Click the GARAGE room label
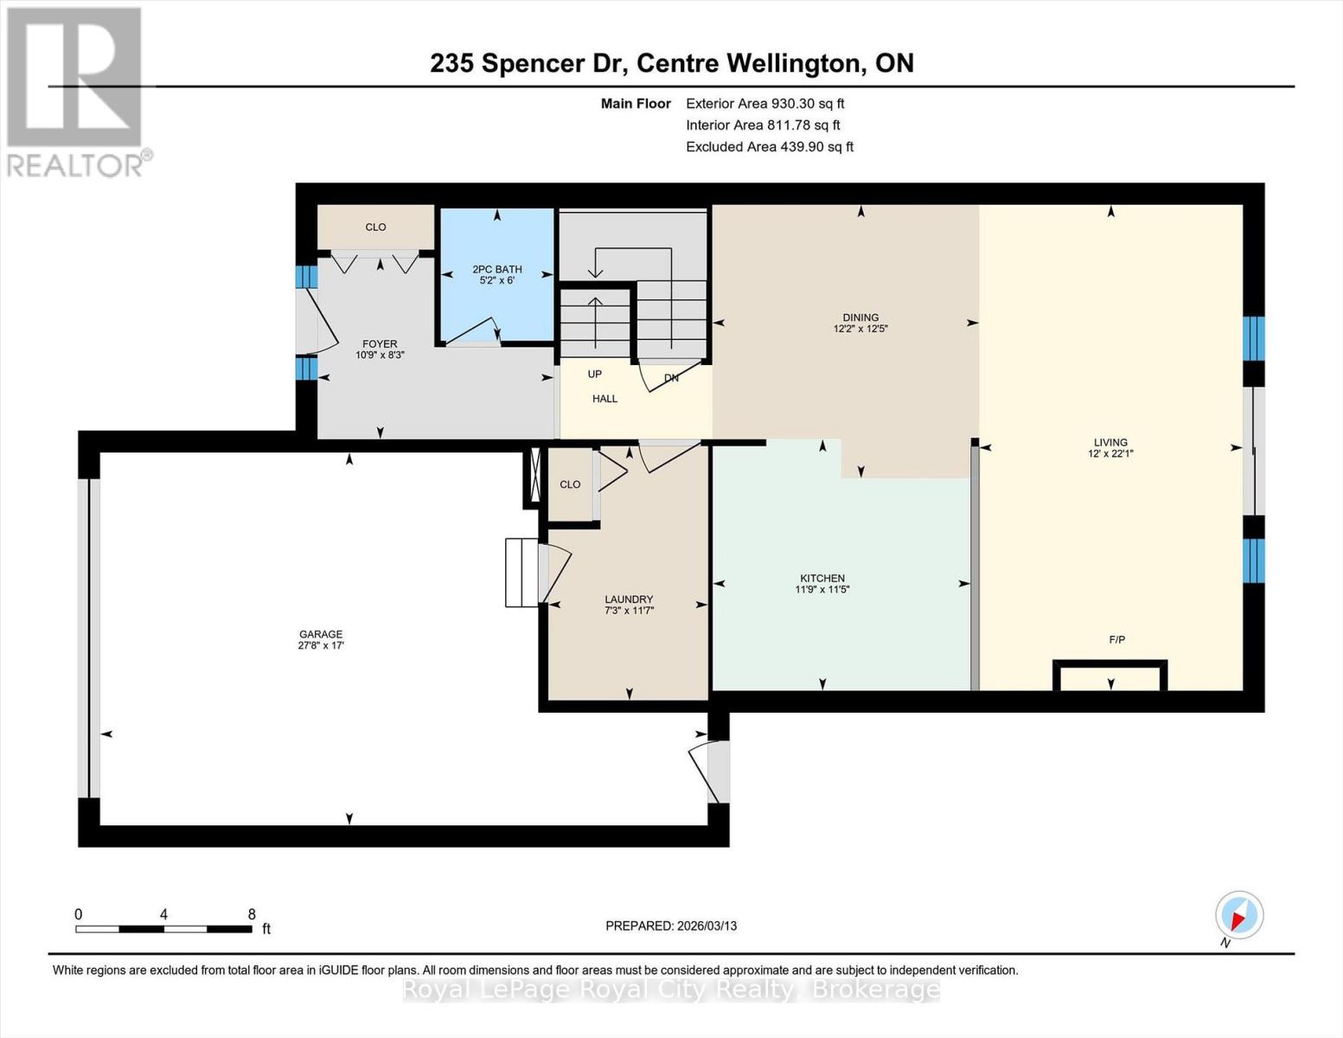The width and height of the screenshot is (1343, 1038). [x=320, y=634]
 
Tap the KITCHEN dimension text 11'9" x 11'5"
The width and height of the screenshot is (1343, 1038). [x=822, y=590]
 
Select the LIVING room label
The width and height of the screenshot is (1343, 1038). [x=1110, y=442]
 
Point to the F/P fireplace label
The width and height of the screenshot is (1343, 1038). [x=1116, y=640]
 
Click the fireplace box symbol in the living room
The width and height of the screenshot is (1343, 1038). [x=1110, y=676]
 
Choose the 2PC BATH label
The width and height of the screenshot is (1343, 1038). [x=496, y=269]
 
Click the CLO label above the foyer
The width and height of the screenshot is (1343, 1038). [x=375, y=227]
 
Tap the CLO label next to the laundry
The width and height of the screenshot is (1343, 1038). [x=570, y=484]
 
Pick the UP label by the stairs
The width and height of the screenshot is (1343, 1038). [x=595, y=375]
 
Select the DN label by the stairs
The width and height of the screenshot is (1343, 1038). [x=671, y=378]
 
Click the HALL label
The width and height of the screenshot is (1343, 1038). [x=604, y=399]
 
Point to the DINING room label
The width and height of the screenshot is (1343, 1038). [x=860, y=317]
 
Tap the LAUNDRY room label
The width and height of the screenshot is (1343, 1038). [x=629, y=599]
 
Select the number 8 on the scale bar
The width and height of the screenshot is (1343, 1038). [x=252, y=914]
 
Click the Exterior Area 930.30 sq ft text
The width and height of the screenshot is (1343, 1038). [x=764, y=104]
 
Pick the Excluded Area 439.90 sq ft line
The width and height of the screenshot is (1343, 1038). [x=769, y=147]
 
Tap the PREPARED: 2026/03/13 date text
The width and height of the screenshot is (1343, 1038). [x=671, y=926]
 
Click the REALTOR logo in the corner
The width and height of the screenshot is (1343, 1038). [x=76, y=91]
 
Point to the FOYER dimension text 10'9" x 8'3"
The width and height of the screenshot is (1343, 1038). [x=380, y=355]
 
